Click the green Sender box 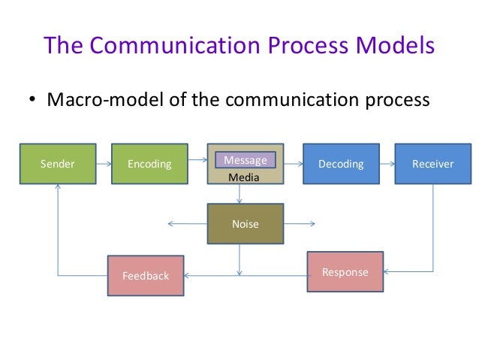[x=58, y=164]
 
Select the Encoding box [x=149, y=164]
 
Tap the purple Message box [x=246, y=159]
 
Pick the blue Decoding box [x=341, y=164]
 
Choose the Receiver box [x=432, y=164]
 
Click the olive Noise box [x=246, y=223]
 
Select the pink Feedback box [x=146, y=276]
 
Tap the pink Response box [x=345, y=272]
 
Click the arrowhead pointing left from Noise [x=172, y=223]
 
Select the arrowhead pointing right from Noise [x=312, y=223]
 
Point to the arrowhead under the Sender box [x=58, y=186]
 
